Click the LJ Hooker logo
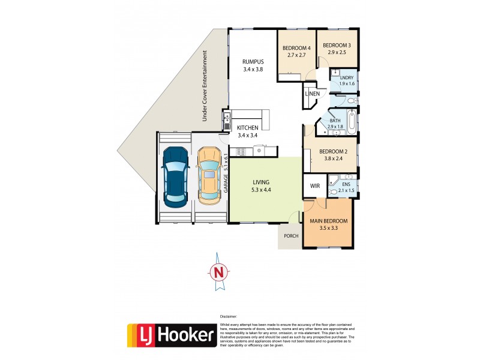[x=171, y=335]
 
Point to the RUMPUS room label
[x=253, y=62]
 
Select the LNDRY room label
[x=347, y=78]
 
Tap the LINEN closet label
[x=312, y=94]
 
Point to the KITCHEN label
[x=247, y=128]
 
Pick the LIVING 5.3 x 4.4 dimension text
[x=261, y=190]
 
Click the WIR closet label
[x=315, y=187]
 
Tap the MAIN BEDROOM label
[x=328, y=221]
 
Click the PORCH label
[x=290, y=236]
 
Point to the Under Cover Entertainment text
[x=205, y=86]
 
